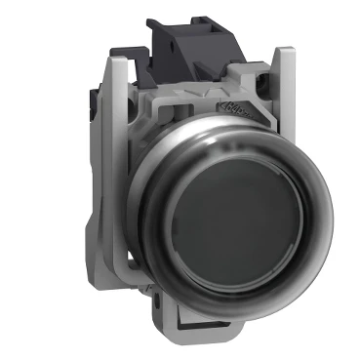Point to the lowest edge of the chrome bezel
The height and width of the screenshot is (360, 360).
[234, 308]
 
